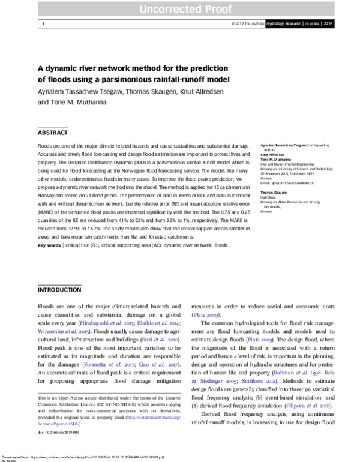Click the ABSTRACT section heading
tap(53, 133)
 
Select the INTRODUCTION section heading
tap(59, 290)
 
